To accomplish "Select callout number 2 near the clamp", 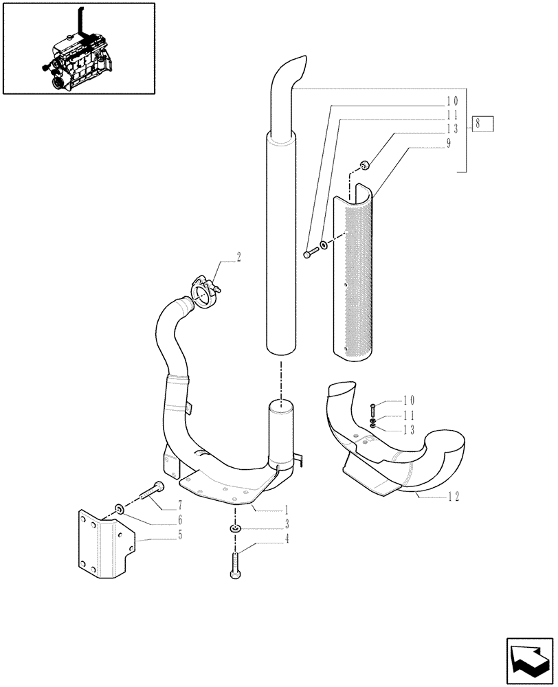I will [238, 257].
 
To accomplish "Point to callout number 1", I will [287, 510].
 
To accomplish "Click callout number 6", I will [181, 521].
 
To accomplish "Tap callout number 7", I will [181, 505].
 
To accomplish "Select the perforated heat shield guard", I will [353, 275].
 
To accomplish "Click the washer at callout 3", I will [234, 528].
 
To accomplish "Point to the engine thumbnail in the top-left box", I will [78, 48].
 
